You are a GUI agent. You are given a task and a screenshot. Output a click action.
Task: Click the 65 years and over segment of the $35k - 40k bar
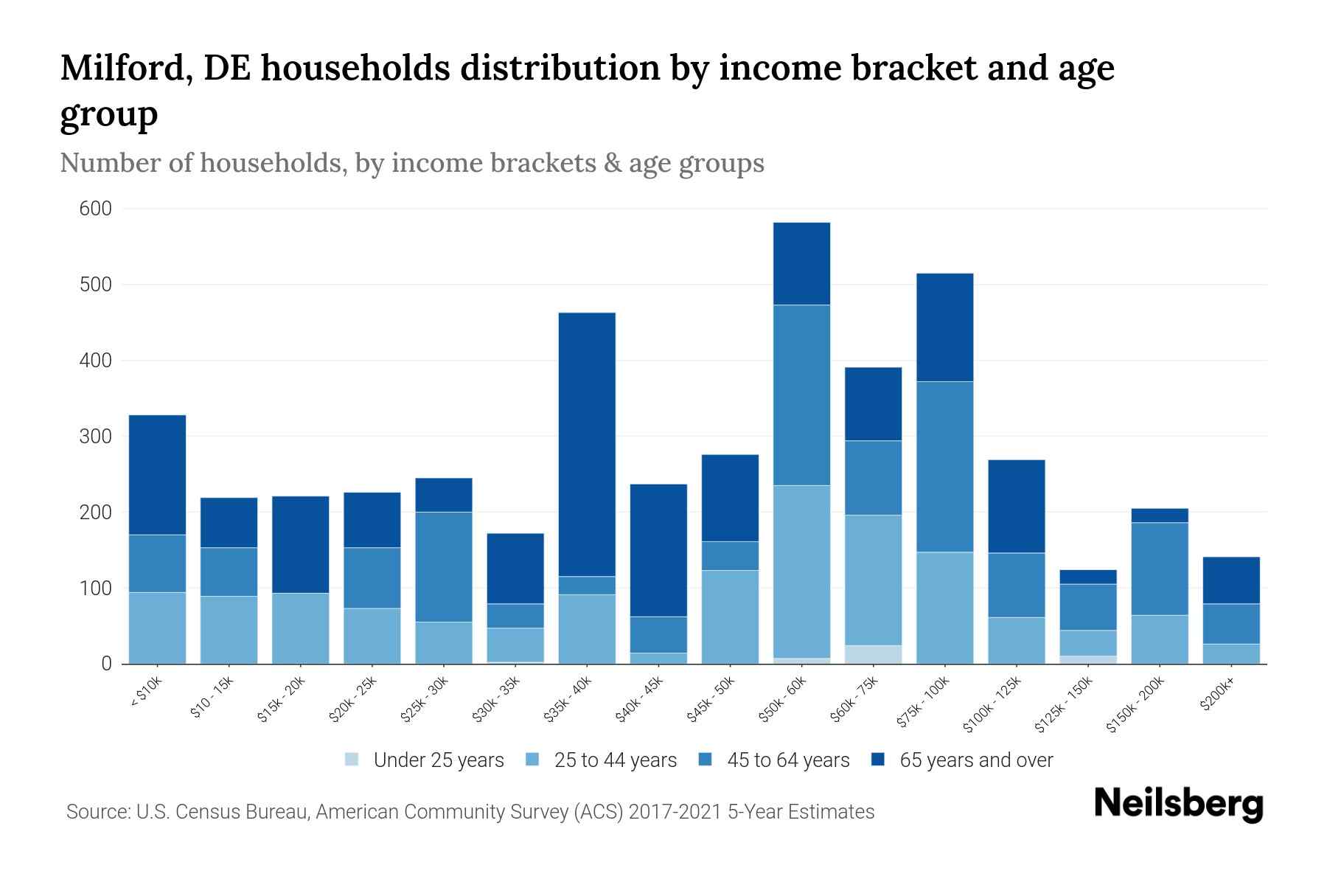pos(587,444)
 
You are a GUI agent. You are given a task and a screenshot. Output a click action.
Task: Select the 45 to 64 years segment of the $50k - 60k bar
pos(801,395)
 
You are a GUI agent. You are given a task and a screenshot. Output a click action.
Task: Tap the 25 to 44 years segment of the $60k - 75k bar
pos(873,580)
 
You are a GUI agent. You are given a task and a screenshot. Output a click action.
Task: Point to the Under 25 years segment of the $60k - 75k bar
pos(873,654)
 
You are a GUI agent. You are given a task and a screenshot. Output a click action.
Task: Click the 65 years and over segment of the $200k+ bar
pos(1231,580)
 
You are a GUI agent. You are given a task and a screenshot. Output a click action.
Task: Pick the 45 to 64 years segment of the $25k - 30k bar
pos(444,566)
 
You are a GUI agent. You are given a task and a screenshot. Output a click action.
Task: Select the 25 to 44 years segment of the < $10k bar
pos(157,628)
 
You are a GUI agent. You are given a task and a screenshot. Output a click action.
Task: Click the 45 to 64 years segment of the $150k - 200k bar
pos(1160,569)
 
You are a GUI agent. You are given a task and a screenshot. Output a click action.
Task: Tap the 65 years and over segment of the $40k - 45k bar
pos(658,549)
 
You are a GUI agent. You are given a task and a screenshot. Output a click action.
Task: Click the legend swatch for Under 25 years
pos(352,760)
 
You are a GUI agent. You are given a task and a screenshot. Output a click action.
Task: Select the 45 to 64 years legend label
pos(787,760)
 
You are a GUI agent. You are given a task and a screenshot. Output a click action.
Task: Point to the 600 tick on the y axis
pos(96,209)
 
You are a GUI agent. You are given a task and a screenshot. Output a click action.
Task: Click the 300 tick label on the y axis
pos(96,437)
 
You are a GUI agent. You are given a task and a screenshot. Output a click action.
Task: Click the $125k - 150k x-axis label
pos(1066,706)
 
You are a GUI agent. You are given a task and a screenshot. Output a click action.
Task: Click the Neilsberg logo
pos(1178,803)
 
